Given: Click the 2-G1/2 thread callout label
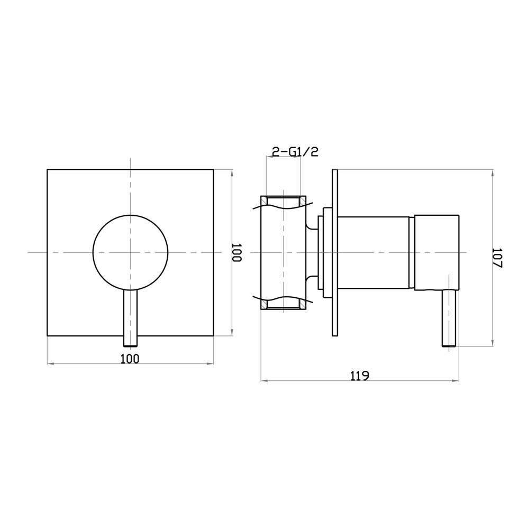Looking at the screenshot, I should click(295, 152).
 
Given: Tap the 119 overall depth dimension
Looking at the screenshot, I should click(359, 376).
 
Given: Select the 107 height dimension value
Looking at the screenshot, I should click(497, 258).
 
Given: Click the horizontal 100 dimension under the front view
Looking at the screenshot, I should click(130, 359).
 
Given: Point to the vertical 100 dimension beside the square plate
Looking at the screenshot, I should click(236, 253).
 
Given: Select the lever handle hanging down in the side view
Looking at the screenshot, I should click(449, 317).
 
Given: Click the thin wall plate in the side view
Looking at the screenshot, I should click(334, 253).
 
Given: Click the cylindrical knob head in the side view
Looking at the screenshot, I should click(436, 253).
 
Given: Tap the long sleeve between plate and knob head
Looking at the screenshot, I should click(373, 253).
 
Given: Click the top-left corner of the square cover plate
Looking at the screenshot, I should click(48, 170).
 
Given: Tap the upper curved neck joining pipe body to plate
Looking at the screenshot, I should click(311, 226).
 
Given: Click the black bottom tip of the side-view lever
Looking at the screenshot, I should click(449, 345).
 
